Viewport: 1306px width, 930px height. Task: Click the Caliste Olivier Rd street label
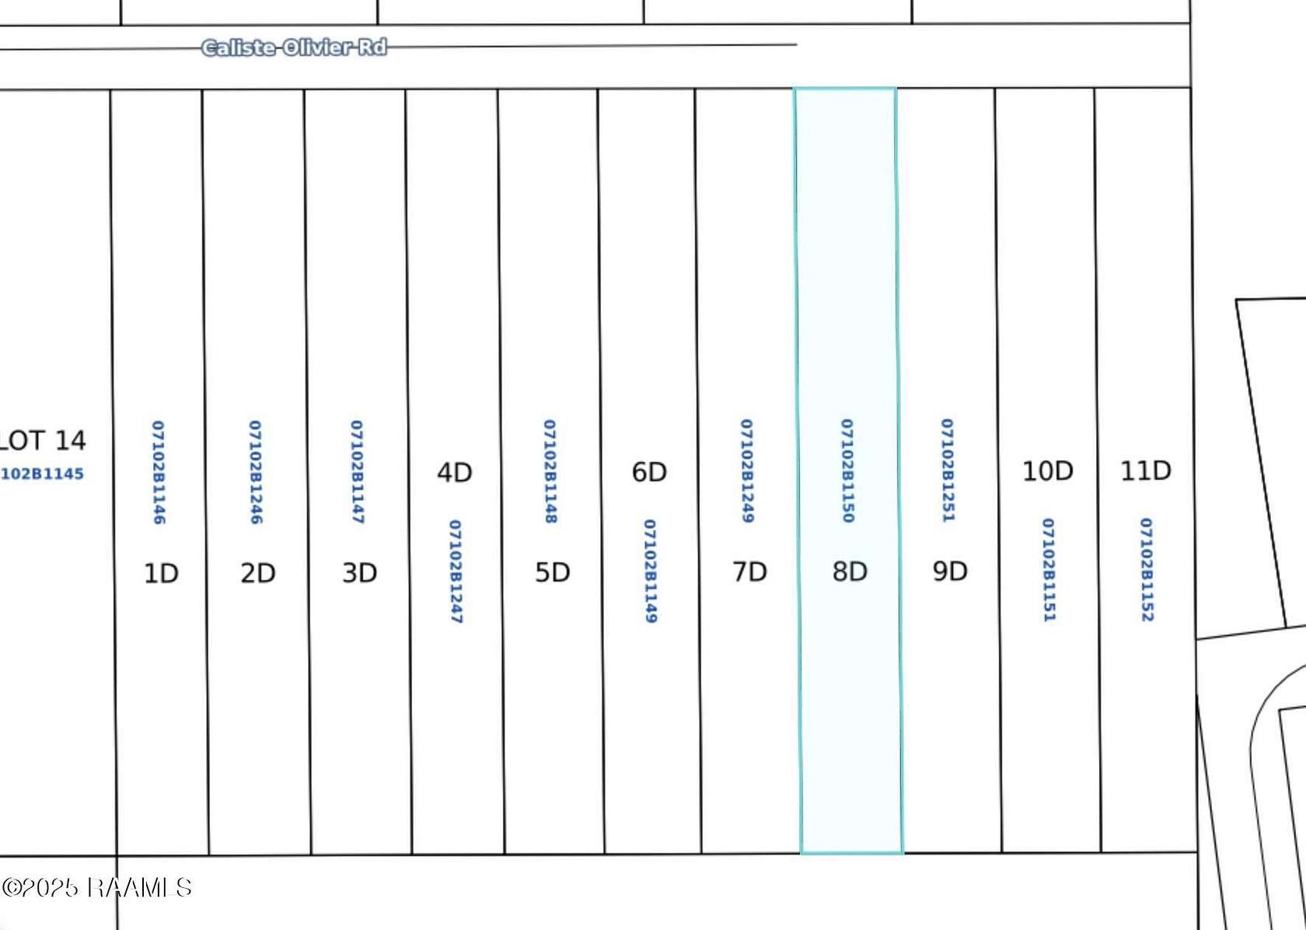[294, 47]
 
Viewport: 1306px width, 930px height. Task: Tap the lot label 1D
[161, 574]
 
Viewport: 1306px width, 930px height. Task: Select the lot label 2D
[258, 573]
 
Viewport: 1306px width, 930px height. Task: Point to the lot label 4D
[454, 472]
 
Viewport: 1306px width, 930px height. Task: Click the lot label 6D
[649, 472]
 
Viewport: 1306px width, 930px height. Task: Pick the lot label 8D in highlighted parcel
[850, 572]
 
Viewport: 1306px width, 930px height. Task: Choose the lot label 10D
[1048, 471]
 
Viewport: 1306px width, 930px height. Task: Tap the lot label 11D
[1146, 470]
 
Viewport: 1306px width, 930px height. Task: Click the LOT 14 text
[42, 441]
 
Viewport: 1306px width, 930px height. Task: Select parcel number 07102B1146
[158, 472]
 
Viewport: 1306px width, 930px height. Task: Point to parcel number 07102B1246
[255, 472]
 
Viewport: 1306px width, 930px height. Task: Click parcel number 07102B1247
[456, 572]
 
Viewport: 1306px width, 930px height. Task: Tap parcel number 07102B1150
[847, 470]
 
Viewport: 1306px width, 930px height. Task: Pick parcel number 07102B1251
[948, 470]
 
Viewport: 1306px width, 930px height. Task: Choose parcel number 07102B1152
[1146, 570]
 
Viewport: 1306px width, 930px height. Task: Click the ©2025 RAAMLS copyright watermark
[96, 887]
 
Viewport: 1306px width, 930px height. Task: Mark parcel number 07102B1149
[650, 571]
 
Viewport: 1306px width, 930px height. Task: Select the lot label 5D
[552, 572]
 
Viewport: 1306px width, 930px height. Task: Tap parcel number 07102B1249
[747, 470]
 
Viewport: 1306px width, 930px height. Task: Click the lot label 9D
[950, 572]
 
